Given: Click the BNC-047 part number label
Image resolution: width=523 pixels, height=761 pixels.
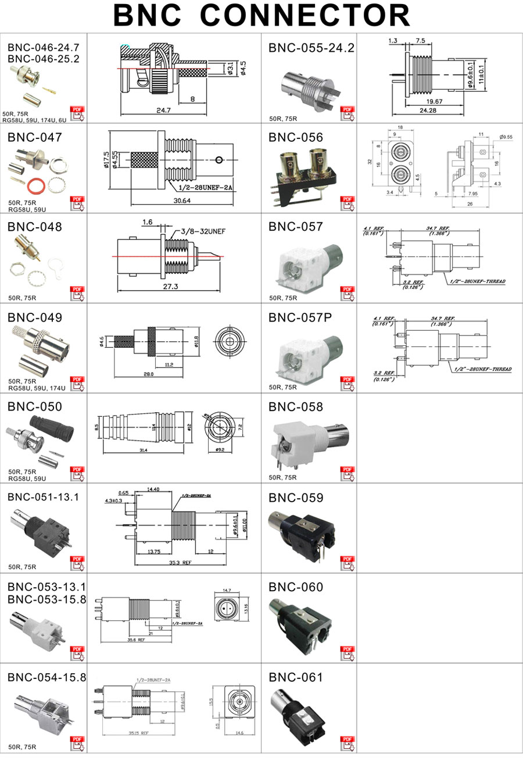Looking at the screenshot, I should [34, 138].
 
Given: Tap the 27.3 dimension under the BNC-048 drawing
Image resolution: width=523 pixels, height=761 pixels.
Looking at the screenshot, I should [169, 287].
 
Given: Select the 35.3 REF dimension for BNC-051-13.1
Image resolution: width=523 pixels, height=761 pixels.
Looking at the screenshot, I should [179, 563].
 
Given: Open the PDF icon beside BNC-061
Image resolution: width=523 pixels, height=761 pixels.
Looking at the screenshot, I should [347, 744].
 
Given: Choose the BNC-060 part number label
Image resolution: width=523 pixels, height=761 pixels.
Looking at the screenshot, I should [295, 587].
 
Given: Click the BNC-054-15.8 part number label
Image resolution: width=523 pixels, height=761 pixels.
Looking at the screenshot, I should [46, 677].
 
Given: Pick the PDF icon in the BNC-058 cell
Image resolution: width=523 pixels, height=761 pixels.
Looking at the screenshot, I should [347, 473].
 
